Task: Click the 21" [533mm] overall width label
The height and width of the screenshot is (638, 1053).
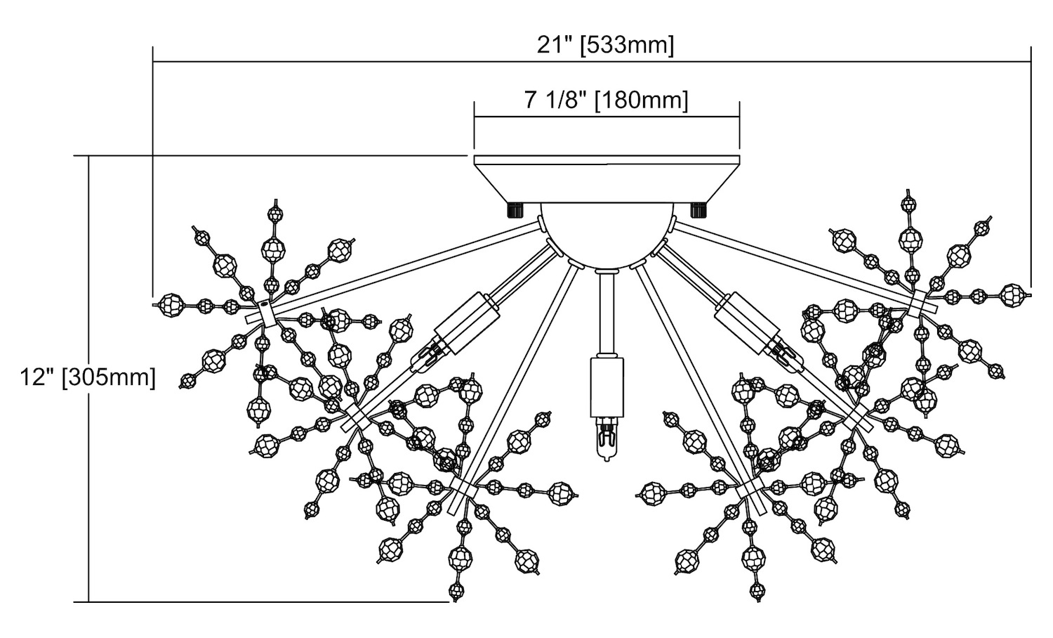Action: click(605, 46)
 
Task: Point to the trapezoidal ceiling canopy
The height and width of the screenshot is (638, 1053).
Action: click(607, 179)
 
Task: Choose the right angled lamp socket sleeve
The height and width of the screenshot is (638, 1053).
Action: click(748, 321)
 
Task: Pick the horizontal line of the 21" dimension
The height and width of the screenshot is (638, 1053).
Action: click(421, 63)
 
